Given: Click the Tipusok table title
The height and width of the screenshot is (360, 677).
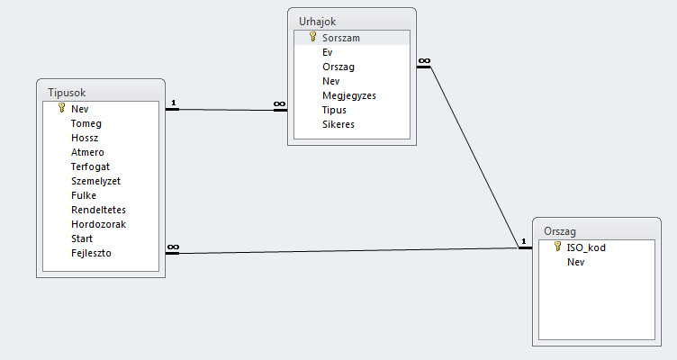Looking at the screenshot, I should tap(67, 93).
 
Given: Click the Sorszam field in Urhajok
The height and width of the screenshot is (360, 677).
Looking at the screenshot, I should tap(341, 38).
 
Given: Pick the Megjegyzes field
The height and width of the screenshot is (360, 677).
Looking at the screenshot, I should tap(348, 95).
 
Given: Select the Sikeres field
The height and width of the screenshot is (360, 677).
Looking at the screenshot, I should tap(338, 124).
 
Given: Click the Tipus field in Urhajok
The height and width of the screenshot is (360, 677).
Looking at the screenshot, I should tap(334, 110).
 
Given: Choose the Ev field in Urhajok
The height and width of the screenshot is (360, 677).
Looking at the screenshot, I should tap(328, 52).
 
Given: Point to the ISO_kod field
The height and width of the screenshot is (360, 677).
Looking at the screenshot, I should tap(586, 247).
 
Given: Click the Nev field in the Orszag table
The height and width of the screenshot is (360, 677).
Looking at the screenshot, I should tap(576, 262).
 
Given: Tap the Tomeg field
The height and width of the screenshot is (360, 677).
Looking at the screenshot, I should tap(86, 123).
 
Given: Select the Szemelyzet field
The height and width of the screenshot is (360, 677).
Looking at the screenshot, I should tap(95, 181).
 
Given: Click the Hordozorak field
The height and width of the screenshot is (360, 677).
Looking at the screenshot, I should tap(97, 224).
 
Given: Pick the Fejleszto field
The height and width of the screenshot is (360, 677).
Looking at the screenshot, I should tap(92, 253).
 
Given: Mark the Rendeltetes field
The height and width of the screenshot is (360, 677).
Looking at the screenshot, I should tap(97, 210).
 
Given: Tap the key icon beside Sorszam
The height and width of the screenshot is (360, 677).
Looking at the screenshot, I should tap(312, 38).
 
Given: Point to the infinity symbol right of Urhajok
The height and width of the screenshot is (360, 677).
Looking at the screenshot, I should tap(424, 61).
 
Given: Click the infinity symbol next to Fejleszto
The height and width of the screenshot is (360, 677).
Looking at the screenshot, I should tap(173, 247).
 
